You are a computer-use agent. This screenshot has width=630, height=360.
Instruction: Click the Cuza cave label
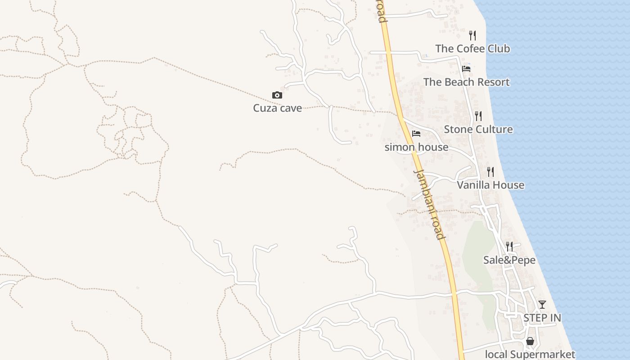(277, 108)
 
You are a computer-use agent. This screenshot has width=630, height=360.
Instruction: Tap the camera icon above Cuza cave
(277, 95)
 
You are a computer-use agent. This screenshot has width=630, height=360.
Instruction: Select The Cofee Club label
(472, 49)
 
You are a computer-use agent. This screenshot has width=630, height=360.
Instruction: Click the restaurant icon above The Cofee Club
(472, 36)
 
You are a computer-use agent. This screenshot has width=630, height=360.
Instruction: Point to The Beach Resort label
(466, 82)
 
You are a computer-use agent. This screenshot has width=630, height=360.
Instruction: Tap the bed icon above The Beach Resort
(466, 69)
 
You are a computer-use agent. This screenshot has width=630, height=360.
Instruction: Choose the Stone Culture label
(478, 129)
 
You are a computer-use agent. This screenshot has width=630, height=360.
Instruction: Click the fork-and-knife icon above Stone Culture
(478, 116)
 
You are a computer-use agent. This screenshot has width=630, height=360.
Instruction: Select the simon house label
(416, 147)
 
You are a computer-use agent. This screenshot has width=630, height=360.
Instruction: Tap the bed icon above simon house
(416, 134)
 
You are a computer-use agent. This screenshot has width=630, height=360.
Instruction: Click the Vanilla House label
(490, 185)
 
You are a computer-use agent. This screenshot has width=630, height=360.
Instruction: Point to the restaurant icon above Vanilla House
(490, 172)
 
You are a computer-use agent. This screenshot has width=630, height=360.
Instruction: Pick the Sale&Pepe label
(509, 260)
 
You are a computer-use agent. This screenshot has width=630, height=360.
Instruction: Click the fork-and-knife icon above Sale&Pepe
(509, 247)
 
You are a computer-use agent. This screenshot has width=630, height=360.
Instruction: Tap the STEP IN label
(542, 318)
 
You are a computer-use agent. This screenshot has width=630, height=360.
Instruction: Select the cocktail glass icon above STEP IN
(542, 305)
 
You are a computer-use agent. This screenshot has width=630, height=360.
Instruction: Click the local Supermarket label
(530, 354)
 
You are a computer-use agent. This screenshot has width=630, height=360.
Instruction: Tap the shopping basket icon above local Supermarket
(530, 341)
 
